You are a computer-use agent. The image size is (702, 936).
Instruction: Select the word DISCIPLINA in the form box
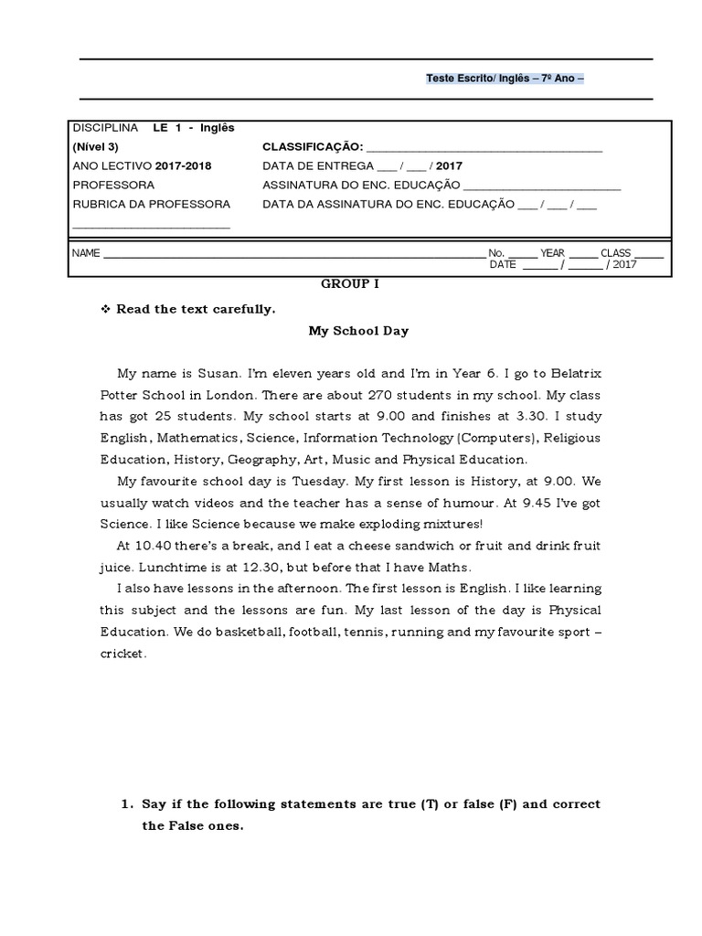pyautogui.click(x=105, y=128)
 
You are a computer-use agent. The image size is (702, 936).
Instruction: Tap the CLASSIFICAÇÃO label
pyautogui.click(x=313, y=147)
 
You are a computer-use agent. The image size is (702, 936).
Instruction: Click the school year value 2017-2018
pyautogui.click(x=183, y=166)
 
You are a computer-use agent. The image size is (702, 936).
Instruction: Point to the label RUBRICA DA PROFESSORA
pyautogui.click(x=151, y=205)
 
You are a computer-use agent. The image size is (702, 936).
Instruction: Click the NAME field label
pyautogui.click(x=85, y=253)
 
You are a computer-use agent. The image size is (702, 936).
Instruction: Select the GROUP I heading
pyautogui.click(x=350, y=284)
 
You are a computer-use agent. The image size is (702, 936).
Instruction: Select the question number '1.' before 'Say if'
pyautogui.click(x=127, y=805)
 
